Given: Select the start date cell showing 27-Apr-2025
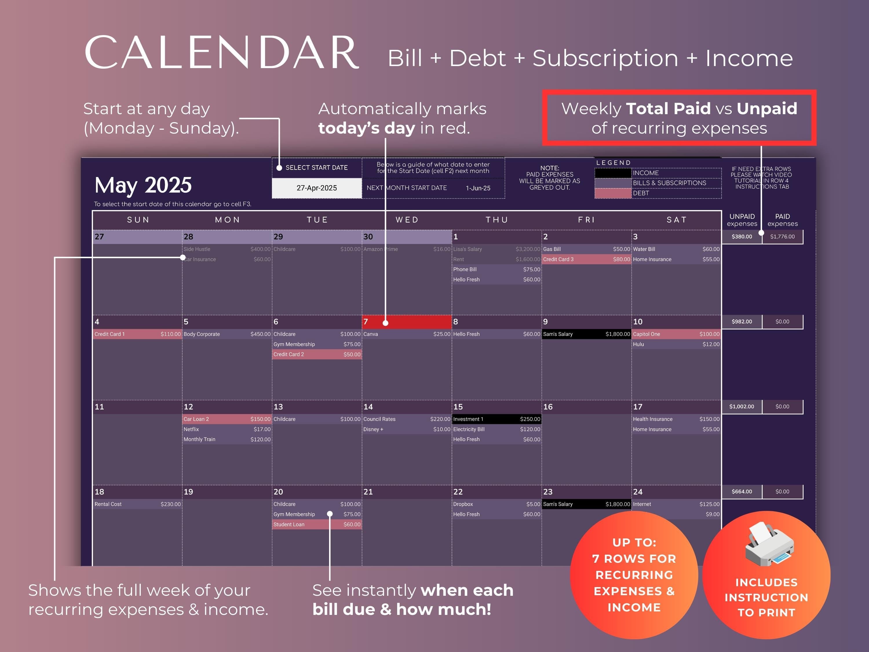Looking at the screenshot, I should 317,188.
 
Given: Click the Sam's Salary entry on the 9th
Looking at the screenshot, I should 586,334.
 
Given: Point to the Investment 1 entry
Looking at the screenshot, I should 496,419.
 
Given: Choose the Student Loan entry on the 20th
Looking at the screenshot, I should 317,524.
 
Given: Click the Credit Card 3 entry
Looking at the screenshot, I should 586,259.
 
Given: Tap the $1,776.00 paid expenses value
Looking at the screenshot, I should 782,236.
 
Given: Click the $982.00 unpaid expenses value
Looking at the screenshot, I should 742,321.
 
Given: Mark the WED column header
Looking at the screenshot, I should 407,220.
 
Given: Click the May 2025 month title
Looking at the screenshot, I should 143,185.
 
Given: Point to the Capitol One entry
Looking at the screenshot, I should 676,334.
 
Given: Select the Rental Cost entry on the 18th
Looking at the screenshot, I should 137,504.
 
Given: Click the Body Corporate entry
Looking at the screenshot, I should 227,334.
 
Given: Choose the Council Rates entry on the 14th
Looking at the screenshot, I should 406,419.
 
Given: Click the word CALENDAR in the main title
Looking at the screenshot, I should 221,52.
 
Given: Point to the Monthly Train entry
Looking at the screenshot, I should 227,439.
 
